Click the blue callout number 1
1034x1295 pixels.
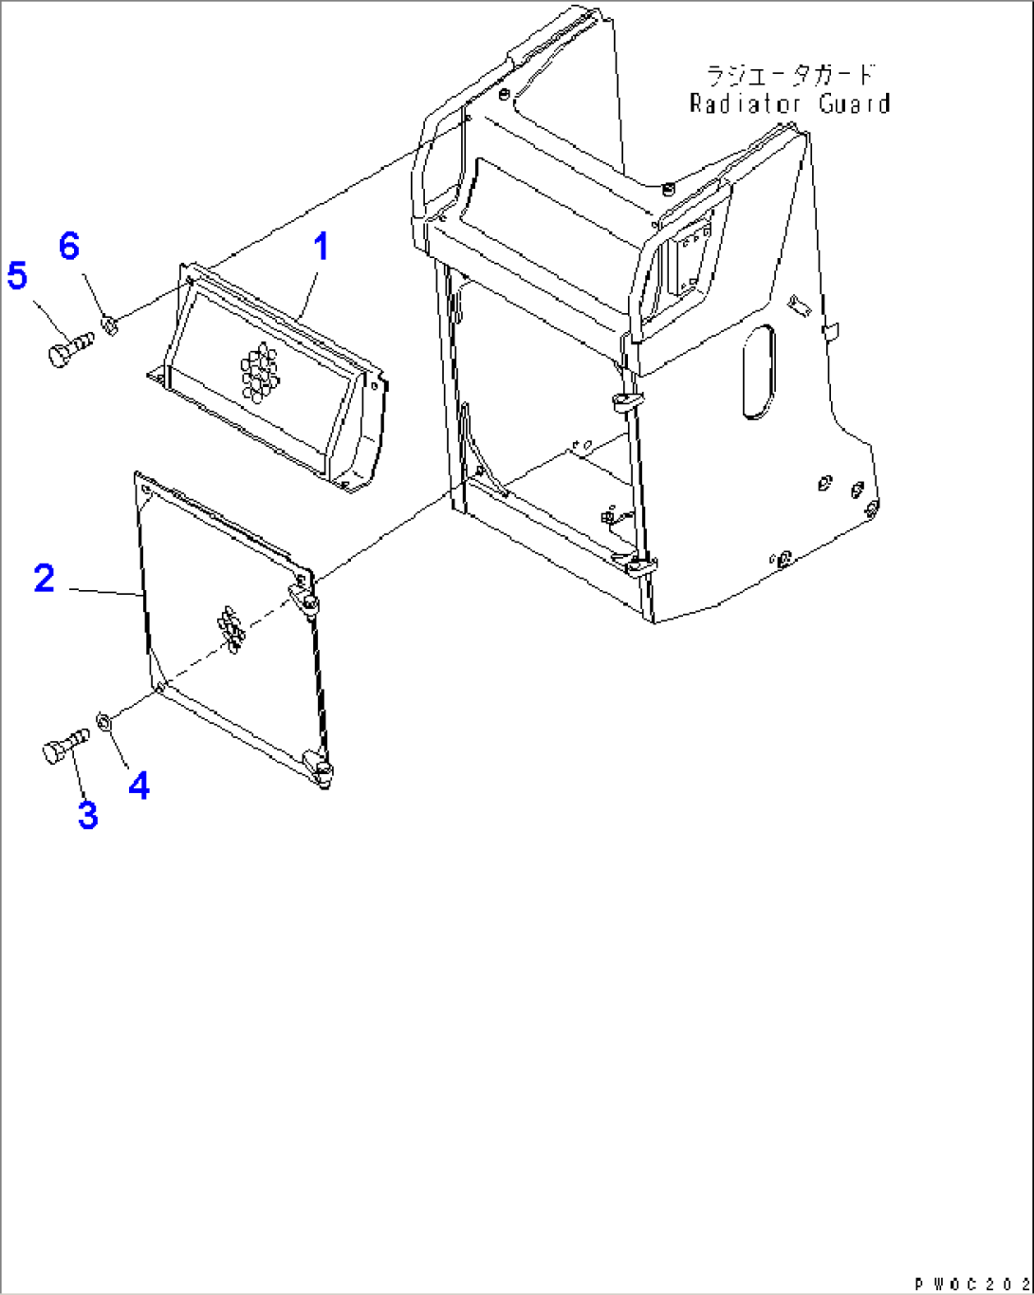tap(321, 248)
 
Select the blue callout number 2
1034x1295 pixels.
tap(45, 578)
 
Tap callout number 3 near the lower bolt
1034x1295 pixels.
tap(87, 815)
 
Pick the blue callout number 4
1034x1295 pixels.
tap(139, 785)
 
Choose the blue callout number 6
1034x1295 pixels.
tap(69, 247)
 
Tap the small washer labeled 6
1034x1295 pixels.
tap(108, 327)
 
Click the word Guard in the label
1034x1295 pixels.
tap(855, 103)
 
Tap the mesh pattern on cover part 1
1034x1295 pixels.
tap(259, 371)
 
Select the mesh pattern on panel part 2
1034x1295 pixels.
tap(231, 629)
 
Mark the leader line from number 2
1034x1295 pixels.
tap(104, 592)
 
